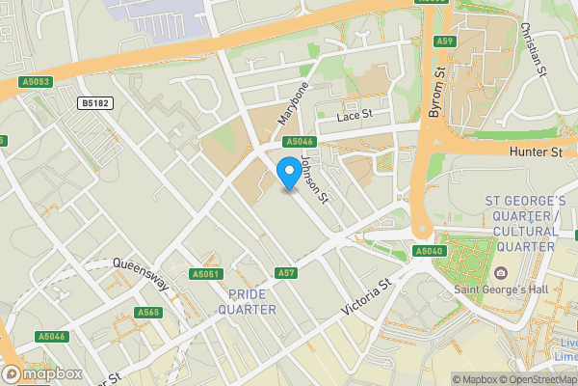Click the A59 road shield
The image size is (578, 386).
pos(444,41)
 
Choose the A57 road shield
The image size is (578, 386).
pos(285,274)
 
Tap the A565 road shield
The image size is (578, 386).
pos(148,312)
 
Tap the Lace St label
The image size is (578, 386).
pos(354,116)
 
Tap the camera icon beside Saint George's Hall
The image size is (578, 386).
pos(501,272)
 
